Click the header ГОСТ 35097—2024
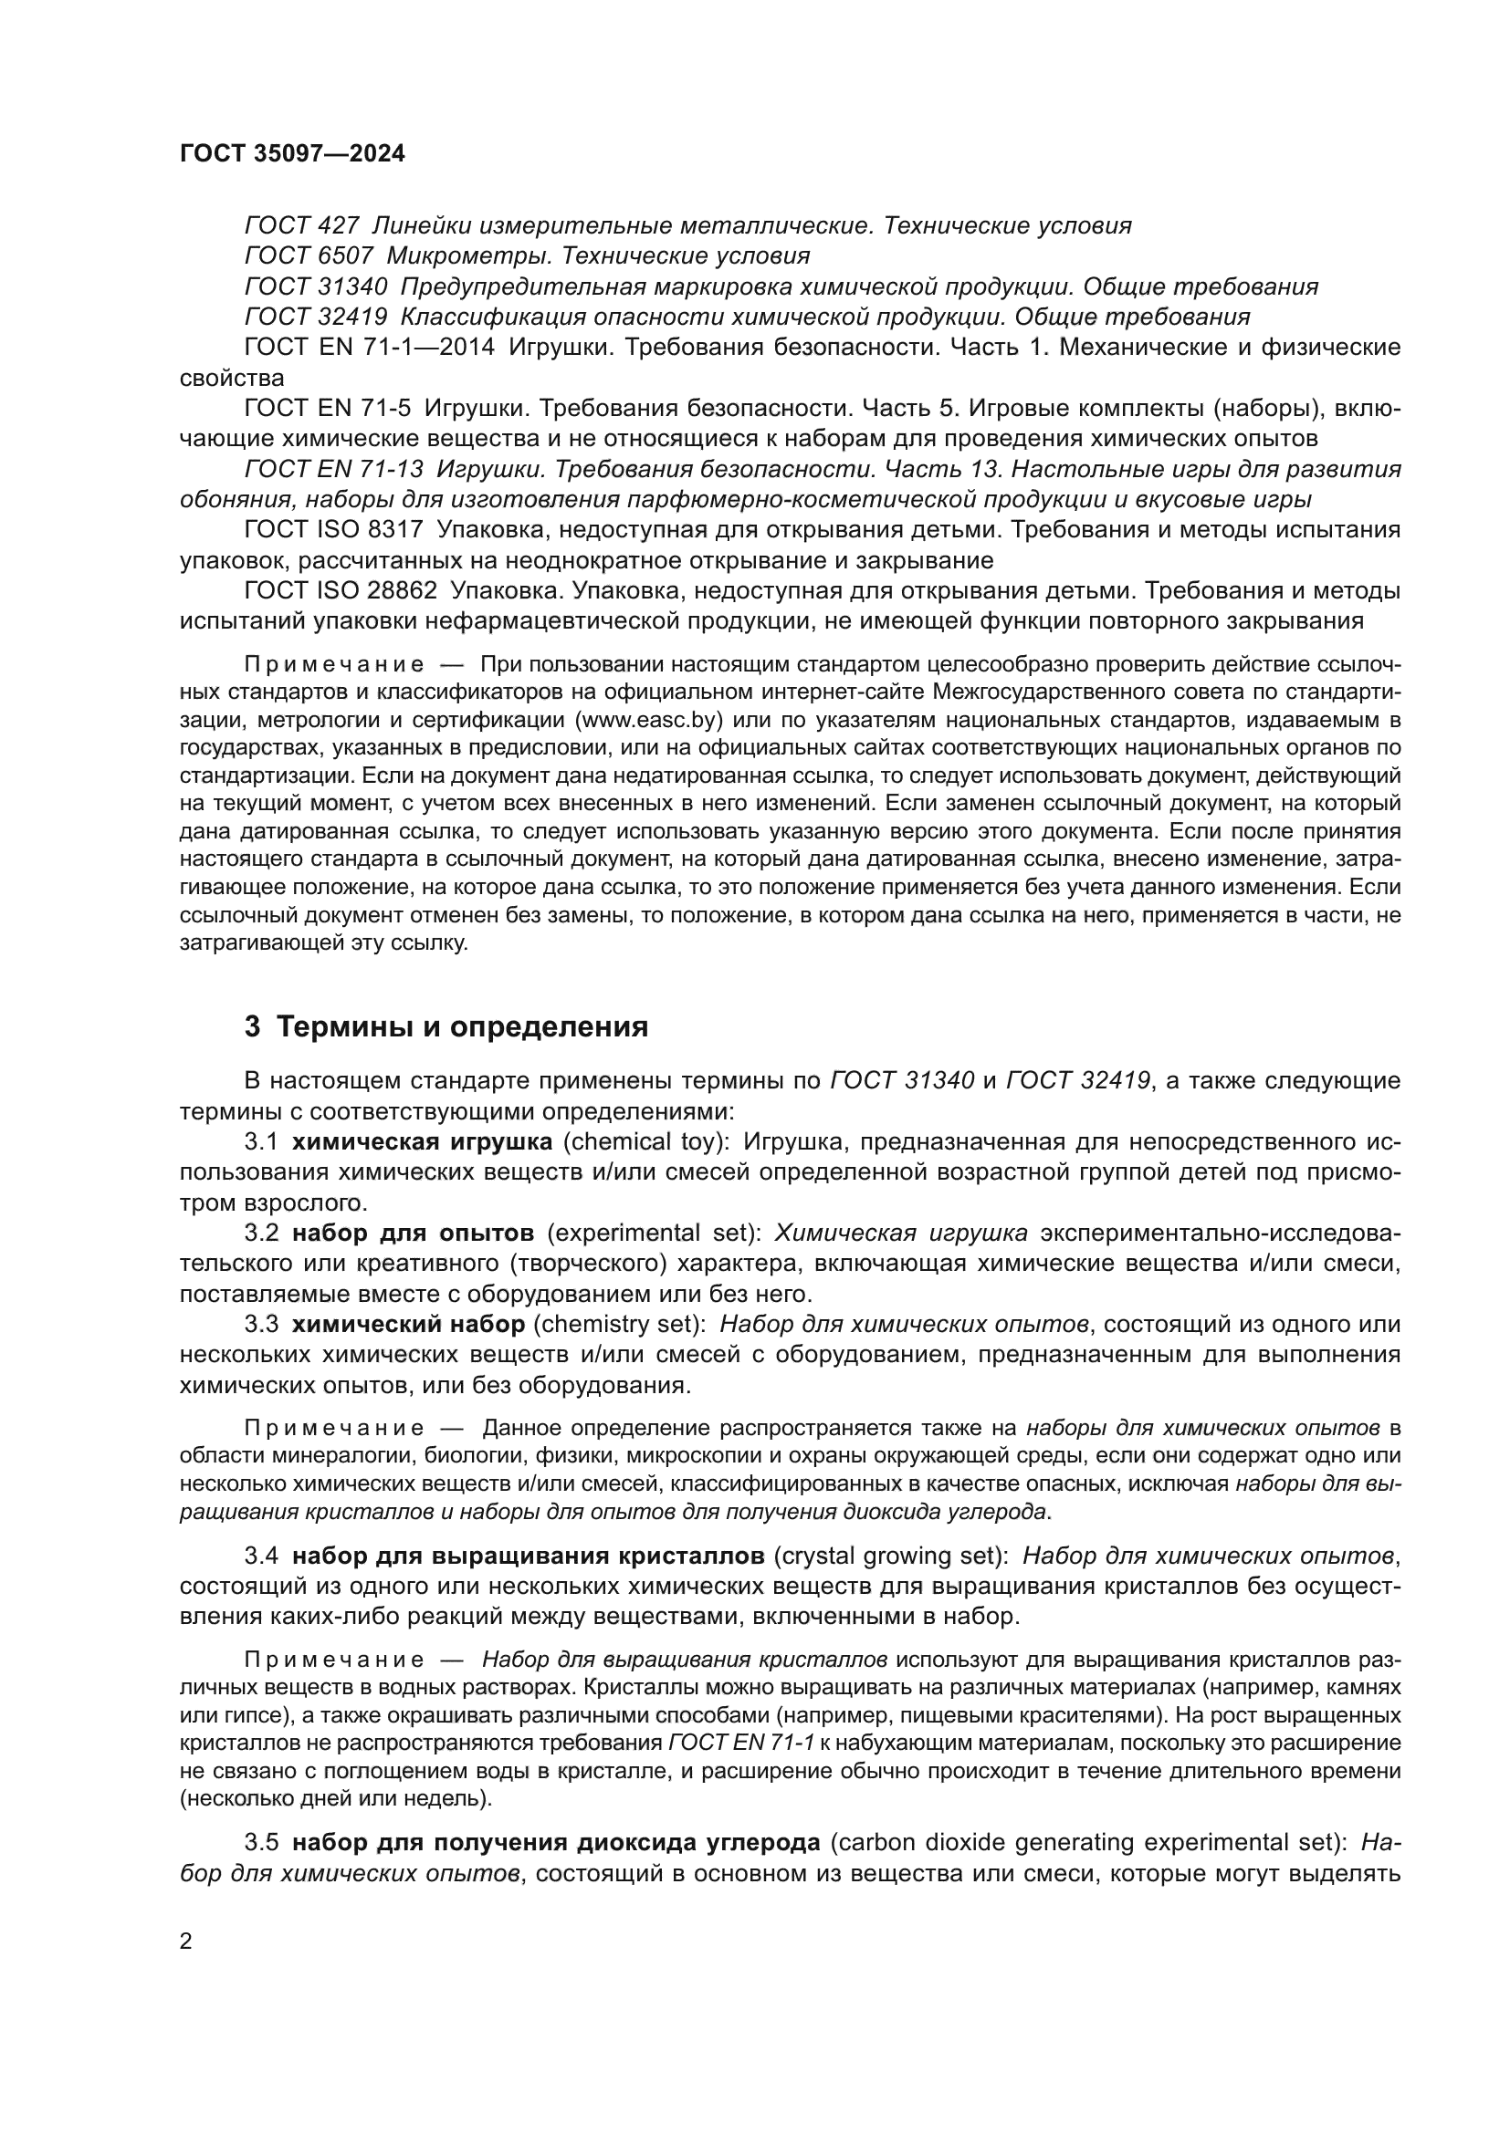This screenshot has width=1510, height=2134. click(x=292, y=154)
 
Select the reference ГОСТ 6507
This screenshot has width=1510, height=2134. click(x=309, y=255)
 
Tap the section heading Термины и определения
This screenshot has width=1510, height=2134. click(x=462, y=1027)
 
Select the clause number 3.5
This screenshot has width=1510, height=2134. click(x=261, y=1842)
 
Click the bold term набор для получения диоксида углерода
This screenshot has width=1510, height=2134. click(x=556, y=1842)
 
